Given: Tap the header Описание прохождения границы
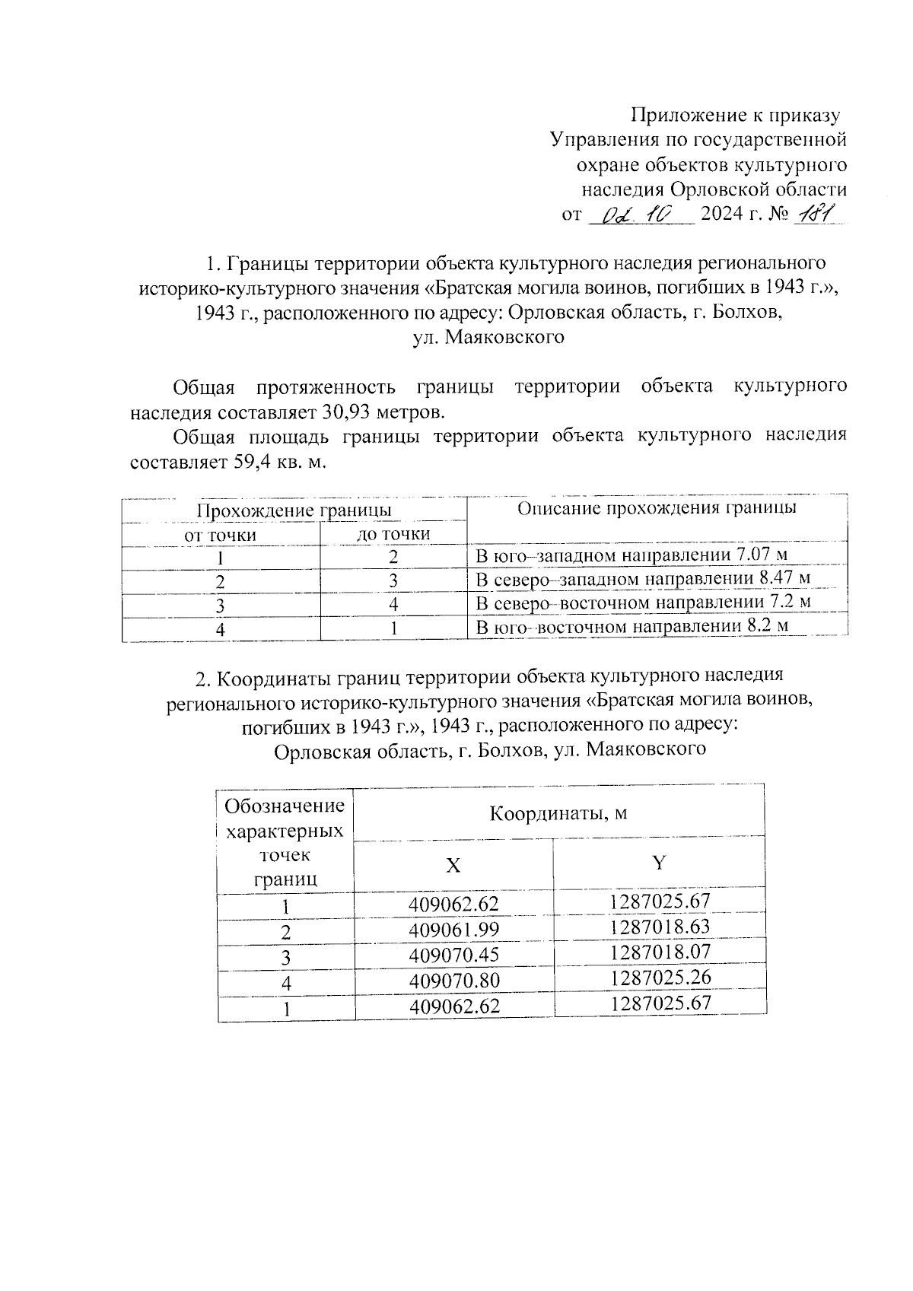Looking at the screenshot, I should coord(657,508).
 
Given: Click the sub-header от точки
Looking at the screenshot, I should coord(221,535).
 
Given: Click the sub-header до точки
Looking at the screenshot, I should coord(393,534).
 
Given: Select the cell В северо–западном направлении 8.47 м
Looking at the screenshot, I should coord(642,579).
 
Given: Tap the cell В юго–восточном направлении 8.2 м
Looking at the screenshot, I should coord(631,627).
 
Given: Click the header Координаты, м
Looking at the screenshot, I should coord(558,813).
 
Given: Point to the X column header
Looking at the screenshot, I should coord(453,866).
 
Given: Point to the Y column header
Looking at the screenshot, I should coord(659,862).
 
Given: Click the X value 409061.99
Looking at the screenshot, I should coord(453,930).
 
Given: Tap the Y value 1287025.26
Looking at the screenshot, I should coord(660,977).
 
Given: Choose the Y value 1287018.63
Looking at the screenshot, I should coord(660,927).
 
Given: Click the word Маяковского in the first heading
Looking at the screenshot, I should coord(504,337).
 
